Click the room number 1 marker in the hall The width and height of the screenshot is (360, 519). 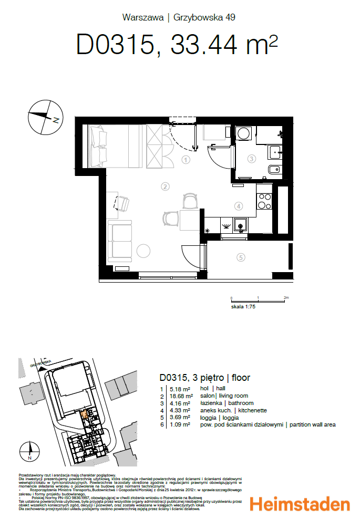click(x=186, y=160)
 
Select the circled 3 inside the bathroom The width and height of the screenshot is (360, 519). click(x=252, y=159)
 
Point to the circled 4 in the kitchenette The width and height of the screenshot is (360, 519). click(x=238, y=206)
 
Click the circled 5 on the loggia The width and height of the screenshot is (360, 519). click(x=241, y=257)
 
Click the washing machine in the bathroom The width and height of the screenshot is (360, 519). click(x=243, y=133)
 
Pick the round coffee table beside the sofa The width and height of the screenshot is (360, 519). click(x=144, y=252)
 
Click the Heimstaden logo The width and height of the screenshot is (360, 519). click(x=300, y=504)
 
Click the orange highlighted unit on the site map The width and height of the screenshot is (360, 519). click(x=84, y=414)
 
